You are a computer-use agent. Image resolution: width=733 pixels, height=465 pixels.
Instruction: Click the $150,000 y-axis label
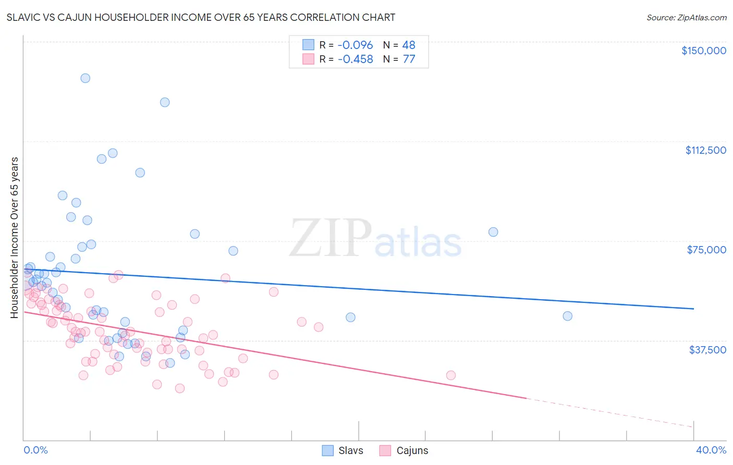[703, 51]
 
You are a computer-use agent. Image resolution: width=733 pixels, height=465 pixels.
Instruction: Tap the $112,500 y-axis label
[705, 150]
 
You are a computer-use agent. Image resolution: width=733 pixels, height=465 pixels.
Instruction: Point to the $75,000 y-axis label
[706, 250]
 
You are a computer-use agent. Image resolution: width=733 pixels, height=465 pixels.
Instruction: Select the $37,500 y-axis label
[707, 350]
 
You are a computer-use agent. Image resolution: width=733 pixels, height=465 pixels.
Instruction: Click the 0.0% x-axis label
[35, 450]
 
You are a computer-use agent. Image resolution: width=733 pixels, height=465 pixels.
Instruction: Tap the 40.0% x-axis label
[711, 450]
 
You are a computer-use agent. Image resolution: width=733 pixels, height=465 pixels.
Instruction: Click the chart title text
[201, 17]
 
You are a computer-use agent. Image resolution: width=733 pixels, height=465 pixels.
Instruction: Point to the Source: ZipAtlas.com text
[686, 17]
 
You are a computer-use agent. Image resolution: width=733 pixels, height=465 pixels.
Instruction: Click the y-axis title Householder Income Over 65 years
[14, 237]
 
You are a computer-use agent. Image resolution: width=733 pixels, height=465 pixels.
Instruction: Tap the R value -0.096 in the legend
[355, 45]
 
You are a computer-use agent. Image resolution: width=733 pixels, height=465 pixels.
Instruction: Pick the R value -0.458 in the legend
[355, 59]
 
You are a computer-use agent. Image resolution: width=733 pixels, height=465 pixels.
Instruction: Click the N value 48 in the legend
[409, 45]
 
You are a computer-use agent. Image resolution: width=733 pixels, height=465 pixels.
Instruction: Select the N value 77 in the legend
[409, 59]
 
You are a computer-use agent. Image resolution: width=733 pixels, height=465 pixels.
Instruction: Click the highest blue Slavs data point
[85, 78]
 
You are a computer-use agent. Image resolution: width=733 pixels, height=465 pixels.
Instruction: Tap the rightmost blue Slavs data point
[567, 316]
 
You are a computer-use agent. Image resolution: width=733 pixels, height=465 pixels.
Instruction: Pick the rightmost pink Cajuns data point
[451, 375]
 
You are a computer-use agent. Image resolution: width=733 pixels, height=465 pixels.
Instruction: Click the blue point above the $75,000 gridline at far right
[493, 232]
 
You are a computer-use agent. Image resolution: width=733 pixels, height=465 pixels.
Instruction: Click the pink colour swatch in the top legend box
[308, 59]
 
